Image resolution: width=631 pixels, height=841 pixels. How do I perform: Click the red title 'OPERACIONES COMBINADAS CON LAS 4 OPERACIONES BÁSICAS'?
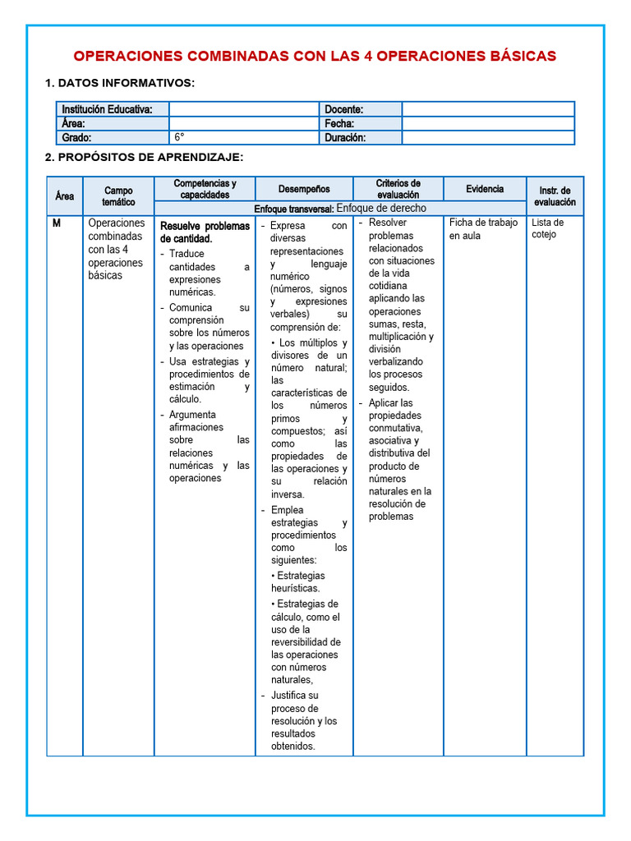click(315, 56)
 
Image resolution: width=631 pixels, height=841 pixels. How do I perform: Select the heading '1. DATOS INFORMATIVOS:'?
click(120, 83)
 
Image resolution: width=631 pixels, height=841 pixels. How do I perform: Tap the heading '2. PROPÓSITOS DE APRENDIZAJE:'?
click(144, 157)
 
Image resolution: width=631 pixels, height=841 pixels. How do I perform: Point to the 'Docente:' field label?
click(344, 109)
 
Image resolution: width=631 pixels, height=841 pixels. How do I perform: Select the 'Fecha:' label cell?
click(339, 123)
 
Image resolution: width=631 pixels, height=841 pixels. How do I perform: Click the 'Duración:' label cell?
click(345, 137)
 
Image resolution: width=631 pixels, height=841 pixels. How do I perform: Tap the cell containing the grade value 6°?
click(243, 137)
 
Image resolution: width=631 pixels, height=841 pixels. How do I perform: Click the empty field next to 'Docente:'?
click(487, 109)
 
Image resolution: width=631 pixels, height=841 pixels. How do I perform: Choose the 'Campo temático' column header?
click(118, 196)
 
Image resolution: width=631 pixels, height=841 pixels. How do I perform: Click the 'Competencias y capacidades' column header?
click(205, 189)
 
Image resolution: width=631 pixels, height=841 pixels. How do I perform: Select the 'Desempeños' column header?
click(304, 189)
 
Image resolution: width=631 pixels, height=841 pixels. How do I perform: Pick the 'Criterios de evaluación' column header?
click(398, 189)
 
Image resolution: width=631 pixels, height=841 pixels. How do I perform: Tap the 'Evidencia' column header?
click(485, 189)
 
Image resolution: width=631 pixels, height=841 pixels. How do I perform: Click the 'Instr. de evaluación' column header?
click(555, 196)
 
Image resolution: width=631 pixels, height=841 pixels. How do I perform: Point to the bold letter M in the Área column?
click(57, 223)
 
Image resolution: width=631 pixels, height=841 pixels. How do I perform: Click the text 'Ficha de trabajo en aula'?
click(483, 229)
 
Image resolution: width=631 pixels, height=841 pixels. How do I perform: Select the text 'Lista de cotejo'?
click(547, 228)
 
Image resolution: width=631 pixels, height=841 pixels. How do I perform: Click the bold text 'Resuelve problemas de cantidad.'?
click(205, 232)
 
